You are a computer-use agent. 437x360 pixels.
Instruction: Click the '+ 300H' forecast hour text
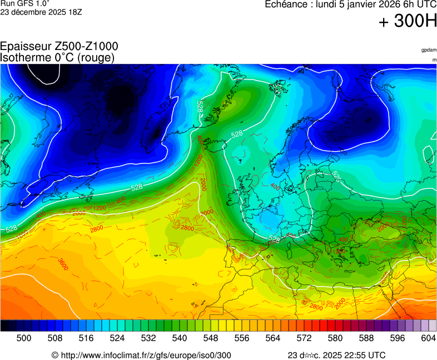pos(408,22)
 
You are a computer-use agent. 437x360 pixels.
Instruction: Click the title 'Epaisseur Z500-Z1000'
pos(59,47)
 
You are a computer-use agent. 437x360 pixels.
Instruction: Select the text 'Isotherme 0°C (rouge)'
pos(58,57)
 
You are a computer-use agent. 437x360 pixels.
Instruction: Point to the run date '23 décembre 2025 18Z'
pos(41,12)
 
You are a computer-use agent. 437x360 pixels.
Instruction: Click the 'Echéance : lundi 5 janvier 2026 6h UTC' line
pos(350,4)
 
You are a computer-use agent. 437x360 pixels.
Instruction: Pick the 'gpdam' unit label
pos(429,50)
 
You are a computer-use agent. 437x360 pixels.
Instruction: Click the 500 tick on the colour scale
pos(24,338)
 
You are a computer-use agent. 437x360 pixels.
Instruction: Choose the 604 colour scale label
pos(428,338)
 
